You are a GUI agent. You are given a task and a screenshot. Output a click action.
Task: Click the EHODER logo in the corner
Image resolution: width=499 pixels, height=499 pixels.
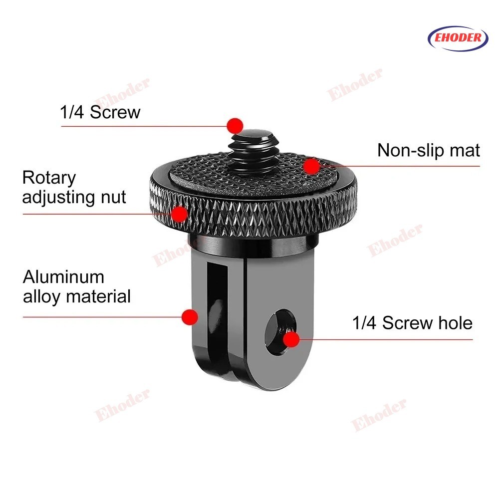(x=458, y=38)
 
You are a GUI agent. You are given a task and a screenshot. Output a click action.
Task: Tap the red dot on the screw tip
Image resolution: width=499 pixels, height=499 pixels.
(x=235, y=126)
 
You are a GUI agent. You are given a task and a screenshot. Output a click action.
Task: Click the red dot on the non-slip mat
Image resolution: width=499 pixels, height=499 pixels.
(x=311, y=166)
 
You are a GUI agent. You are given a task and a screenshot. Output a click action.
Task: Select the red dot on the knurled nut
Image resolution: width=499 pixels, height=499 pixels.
(x=179, y=214)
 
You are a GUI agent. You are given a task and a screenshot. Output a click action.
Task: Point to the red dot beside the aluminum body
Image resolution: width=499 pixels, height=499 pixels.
(x=190, y=317)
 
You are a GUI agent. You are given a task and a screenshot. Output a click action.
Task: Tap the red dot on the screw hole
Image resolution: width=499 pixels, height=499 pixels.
(x=291, y=339)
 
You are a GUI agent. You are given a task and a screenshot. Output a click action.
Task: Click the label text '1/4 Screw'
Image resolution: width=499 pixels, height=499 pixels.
(x=100, y=112)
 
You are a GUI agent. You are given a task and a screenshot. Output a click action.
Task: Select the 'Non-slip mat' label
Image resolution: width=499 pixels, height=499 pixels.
(x=428, y=151)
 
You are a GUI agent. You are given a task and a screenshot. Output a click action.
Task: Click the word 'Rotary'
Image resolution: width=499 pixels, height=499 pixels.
(x=49, y=178)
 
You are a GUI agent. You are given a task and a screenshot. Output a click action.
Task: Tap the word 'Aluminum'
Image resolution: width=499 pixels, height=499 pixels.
(x=64, y=277)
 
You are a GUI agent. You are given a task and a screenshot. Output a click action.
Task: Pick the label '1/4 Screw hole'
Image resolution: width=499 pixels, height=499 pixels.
(x=412, y=323)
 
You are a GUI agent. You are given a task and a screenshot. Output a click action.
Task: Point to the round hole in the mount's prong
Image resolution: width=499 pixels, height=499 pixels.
(x=280, y=332)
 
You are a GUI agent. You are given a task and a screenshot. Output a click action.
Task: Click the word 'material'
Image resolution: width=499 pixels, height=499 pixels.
(x=99, y=296)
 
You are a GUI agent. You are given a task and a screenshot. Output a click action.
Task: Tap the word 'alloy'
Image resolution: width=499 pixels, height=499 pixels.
(x=41, y=297)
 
